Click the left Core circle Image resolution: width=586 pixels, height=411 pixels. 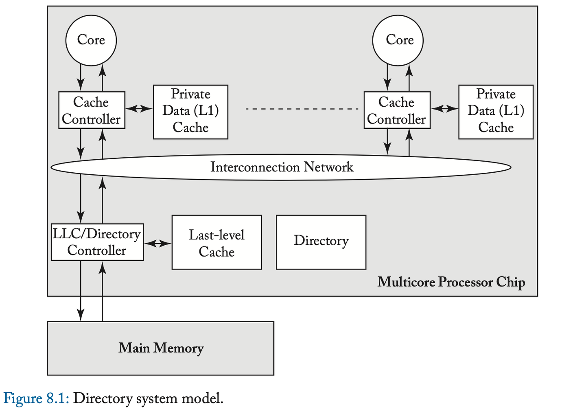pos(91,40)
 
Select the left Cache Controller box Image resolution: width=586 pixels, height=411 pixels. pos(92,110)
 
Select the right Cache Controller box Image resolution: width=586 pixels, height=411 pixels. pos(397,110)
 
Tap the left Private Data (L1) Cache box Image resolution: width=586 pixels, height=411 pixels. pos(190,112)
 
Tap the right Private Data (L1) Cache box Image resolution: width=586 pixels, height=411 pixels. pos(496,112)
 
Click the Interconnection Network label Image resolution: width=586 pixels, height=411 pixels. pos(282,167)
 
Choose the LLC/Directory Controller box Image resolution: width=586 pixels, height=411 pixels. pos(97,242)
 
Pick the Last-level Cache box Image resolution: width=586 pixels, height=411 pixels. pos(216,242)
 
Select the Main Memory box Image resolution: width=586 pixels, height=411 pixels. pos(160,348)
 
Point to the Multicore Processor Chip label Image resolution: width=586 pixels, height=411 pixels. pos(451,282)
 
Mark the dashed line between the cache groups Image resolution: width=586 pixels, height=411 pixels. pos(302,109)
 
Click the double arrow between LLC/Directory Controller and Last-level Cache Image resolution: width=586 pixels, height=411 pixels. pos(158,244)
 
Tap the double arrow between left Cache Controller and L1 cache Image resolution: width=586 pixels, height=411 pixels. pos(139,108)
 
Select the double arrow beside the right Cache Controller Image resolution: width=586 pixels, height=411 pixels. pos(444,108)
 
